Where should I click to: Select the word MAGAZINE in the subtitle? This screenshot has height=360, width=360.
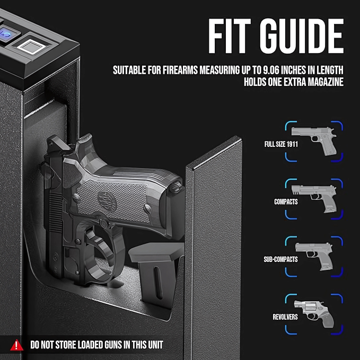point(324,82)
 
